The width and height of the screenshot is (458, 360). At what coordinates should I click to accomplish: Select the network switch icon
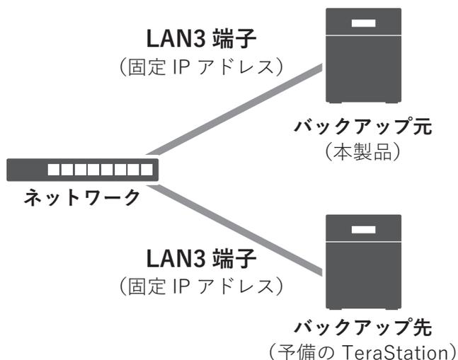pos(82,170)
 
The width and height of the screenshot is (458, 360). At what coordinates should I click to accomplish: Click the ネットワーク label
pos(82,197)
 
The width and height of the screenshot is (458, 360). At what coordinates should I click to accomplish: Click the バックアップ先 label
pos(363,327)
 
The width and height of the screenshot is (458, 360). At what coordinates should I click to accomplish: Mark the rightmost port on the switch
pos(145,170)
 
